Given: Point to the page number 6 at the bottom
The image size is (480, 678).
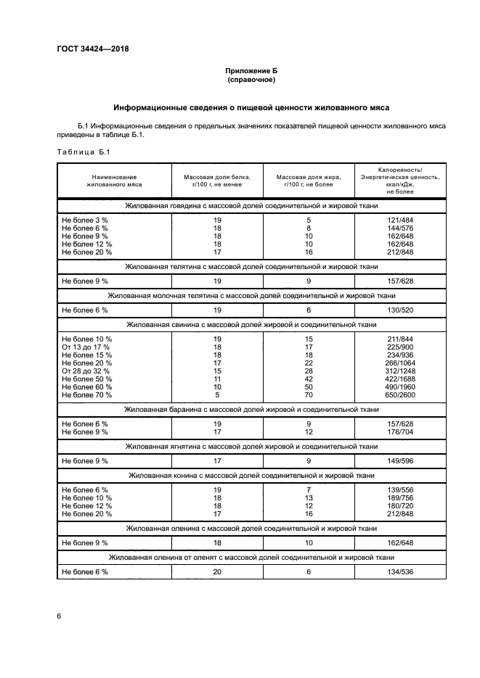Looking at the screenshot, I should click(x=60, y=616).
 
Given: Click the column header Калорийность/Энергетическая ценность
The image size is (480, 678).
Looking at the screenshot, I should click(x=399, y=181).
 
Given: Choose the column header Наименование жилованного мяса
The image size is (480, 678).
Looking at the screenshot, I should click(x=114, y=181).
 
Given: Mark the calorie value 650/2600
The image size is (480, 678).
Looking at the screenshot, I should click(x=399, y=394).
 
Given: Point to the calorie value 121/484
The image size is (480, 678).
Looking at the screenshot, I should click(x=399, y=220).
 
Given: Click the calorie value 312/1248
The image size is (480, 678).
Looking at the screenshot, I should click(x=399, y=371).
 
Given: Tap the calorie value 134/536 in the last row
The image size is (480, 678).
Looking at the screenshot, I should click(x=399, y=571).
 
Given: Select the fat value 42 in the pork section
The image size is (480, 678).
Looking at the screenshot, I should click(x=309, y=379).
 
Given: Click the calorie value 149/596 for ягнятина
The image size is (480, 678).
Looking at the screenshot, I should click(x=399, y=460).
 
